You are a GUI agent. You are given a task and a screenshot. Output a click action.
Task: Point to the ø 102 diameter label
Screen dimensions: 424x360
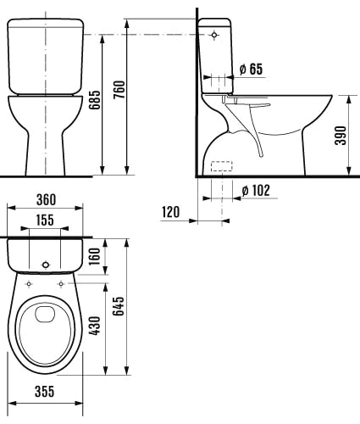(x=255, y=190)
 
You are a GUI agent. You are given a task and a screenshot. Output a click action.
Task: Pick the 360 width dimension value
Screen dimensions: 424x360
(x=46, y=200)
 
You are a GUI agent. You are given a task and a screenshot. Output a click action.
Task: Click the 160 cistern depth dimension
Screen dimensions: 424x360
(x=96, y=256)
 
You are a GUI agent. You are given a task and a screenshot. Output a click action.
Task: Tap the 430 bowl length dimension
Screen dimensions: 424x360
(x=96, y=326)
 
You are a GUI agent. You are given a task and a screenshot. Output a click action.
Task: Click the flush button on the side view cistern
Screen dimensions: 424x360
(x=213, y=35)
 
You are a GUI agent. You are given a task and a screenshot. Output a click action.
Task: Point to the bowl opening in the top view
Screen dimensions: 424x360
(x=46, y=327)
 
